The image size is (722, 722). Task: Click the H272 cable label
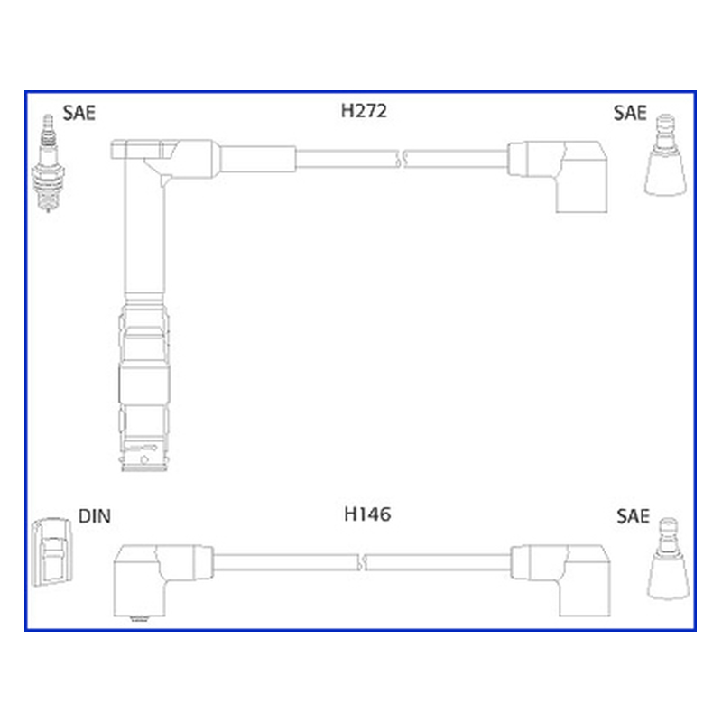(x=364, y=111)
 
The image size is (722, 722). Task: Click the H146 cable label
(x=367, y=514)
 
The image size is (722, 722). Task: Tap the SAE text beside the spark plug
(x=79, y=113)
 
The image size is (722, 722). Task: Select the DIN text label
(x=95, y=516)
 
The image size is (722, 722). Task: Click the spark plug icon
(x=48, y=163)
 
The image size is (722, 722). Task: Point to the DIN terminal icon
(x=52, y=552)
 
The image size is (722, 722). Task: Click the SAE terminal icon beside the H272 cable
(x=665, y=154)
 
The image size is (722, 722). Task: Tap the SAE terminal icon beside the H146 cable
(x=668, y=559)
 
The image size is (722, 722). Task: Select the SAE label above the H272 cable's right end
(x=630, y=113)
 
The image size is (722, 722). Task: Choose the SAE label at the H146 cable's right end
(x=634, y=516)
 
